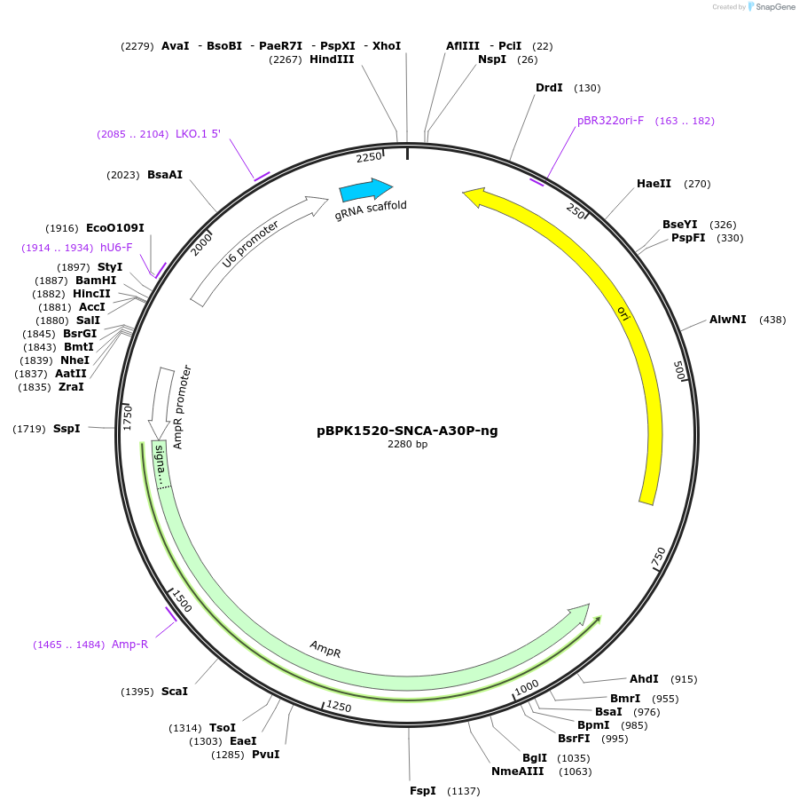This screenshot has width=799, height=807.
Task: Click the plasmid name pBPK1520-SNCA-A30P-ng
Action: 407,431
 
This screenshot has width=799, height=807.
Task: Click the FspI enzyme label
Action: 422,790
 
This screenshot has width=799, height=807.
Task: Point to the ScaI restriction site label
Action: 174,691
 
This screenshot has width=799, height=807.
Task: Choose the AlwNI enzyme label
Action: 727,320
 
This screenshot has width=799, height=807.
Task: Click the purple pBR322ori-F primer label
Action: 610,121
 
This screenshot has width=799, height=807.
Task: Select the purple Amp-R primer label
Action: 129,644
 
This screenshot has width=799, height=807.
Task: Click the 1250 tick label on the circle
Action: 340,706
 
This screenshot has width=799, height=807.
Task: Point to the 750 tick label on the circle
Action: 658,558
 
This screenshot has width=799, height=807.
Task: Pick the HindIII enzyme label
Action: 332,59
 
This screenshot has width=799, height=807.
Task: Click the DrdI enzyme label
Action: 549,88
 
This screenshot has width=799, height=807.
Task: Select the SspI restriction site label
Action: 67,429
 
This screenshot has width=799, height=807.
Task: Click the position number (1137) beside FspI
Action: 463,790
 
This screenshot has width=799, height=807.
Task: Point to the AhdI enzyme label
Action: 645,679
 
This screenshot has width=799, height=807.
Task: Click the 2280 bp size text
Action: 407,444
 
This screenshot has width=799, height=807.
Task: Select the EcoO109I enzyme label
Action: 114,228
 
